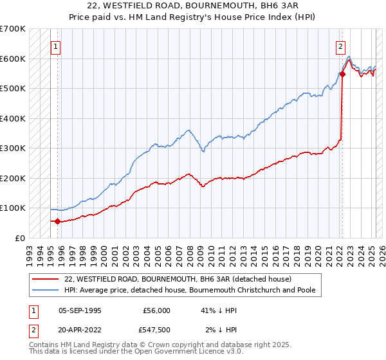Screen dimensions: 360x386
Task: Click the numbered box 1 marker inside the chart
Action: (57, 46)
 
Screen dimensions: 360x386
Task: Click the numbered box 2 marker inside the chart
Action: (340, 46)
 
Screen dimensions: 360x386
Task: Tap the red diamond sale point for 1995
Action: (57, 222)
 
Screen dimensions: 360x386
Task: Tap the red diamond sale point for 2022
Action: (342, 74)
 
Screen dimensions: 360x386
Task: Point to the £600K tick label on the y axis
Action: (12, 59)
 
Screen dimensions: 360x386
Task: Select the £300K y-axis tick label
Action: (12, 148)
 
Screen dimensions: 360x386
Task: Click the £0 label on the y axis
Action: (20, 238)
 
